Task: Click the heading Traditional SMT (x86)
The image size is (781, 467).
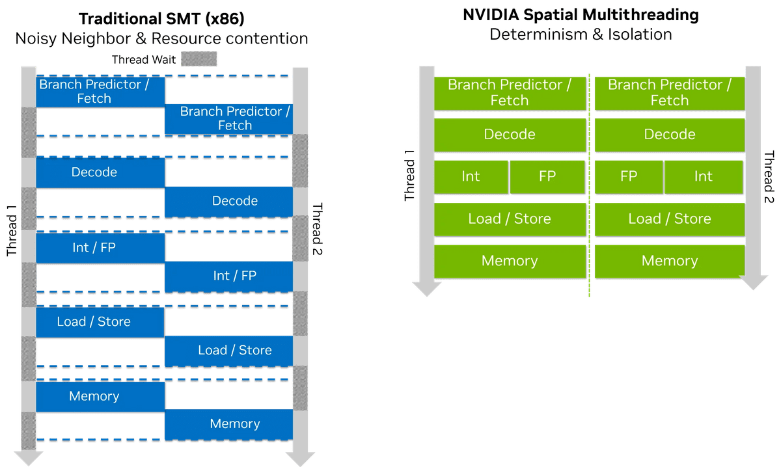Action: click(x=161, y=19)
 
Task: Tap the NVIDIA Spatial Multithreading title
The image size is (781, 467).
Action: click(x=581, y=15)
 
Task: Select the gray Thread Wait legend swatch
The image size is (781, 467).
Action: click(x=199, y=59)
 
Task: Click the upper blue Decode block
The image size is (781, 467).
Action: click(x=100, y=172)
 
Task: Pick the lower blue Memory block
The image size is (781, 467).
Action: click(x=228, y=424)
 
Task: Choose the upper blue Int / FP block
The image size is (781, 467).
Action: click(x=100, y=248)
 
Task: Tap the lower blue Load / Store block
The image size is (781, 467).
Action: click(x=228, y=351)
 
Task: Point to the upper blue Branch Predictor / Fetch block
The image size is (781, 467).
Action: click(x=100, y=92)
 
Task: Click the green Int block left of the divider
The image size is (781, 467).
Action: click(x=471, y=177)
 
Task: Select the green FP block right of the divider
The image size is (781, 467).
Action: click(x=629, y=177)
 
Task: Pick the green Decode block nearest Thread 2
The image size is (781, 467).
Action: click(x=670, y=135)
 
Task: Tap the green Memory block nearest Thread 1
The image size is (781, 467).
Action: click(x=510, y=261)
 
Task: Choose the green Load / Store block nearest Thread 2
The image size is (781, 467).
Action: click(x=670, y=219)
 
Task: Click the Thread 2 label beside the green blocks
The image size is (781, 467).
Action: click(x=769, y=177)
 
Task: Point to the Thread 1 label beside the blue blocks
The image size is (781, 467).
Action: click(x=12, y=231)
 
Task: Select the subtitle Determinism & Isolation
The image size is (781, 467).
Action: click(x=581, y=34)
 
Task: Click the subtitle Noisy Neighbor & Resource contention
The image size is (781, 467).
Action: click(x=161, y=38)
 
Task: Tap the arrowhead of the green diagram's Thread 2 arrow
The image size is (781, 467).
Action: click(x=753, y=283)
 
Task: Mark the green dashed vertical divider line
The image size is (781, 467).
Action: click(x=589, y=185)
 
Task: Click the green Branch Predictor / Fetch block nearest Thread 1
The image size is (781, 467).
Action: click(x=510, y=93)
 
